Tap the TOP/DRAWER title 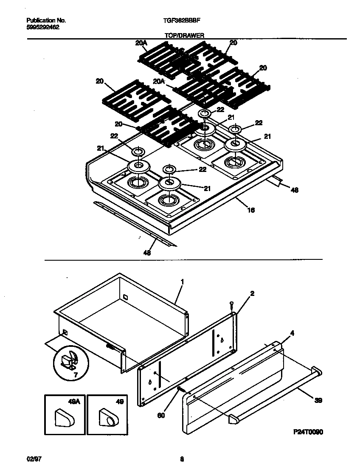[x=184, y=37]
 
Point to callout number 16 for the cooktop [x=251, y=210]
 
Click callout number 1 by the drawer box [x=182, y=281]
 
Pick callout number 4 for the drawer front [x=292, y=334]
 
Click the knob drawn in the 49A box [x=64, y=419]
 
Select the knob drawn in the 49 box [x=107, y=419]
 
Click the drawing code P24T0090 [x=309, y=432]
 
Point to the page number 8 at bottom [x=182, y=459]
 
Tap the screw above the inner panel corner [x=231, y=304]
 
